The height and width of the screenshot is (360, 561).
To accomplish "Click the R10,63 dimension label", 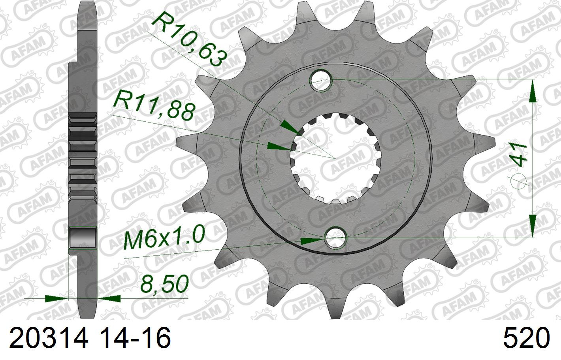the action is point(189,40).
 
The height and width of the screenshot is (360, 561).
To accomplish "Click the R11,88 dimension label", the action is point(153,108).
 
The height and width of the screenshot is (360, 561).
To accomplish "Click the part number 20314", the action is point(49,338).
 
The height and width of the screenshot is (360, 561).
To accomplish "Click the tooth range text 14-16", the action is point(137,338).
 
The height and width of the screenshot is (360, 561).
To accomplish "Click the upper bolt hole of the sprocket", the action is point(321,80).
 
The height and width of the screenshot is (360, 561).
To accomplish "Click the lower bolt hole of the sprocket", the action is point(336,238).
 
